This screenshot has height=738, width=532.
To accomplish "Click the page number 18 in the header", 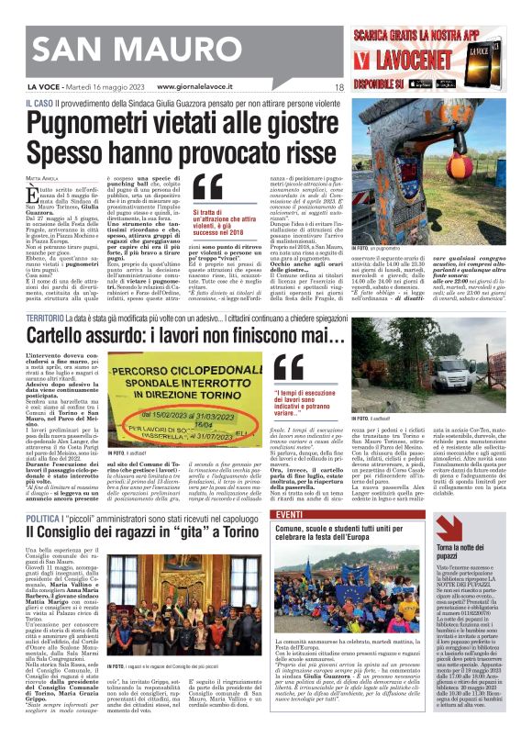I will pyautogui.click(x=338, y=88).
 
